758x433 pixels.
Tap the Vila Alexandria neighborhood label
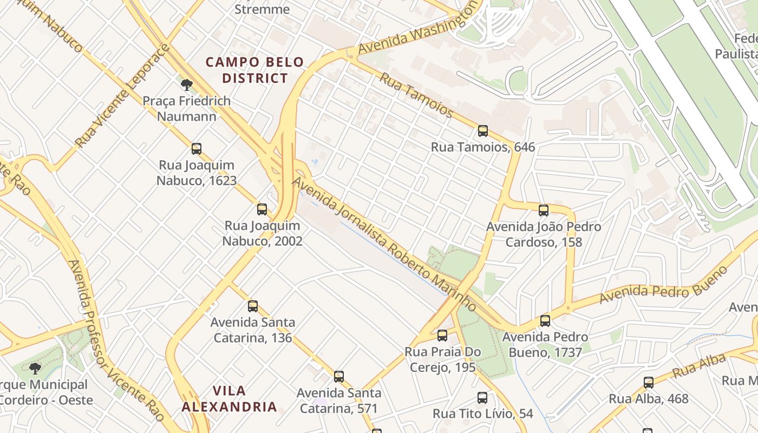[x=229, y=398]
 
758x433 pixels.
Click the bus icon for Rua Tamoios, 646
[x=482, y=131]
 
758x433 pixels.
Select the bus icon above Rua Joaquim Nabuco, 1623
[x=197, y=149]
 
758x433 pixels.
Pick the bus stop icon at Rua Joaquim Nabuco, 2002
[x=262, y=209]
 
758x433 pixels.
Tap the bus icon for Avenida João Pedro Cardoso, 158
[x=544, y=211]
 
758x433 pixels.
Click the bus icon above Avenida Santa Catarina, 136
[x=253, y=306]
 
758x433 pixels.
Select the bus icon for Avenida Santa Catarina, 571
[x=339, y=377]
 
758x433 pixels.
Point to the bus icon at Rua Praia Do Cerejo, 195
[x=442, y=336]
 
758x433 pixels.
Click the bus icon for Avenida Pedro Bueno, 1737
[x=545, y=321]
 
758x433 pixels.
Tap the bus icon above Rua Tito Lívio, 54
[x=482, y=398]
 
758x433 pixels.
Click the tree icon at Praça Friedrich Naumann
[x=187, y=85]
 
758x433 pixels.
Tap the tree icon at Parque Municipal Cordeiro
[x=35, y=369]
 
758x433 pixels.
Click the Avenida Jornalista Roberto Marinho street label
[x=384, y=244]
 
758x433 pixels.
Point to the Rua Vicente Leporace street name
[x=122, y=96]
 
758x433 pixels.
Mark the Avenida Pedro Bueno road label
[x=663, y=285]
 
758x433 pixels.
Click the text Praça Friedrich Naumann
[x=186, y=108]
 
